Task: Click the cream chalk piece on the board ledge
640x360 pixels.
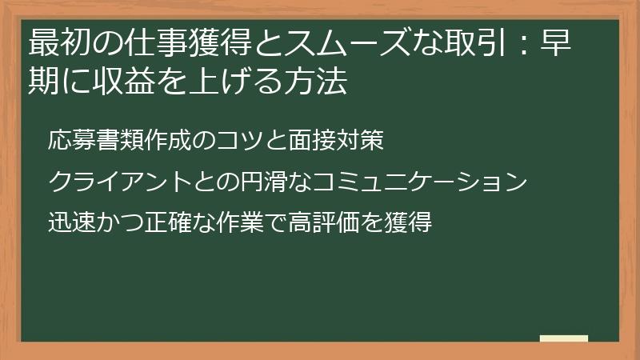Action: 564,338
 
